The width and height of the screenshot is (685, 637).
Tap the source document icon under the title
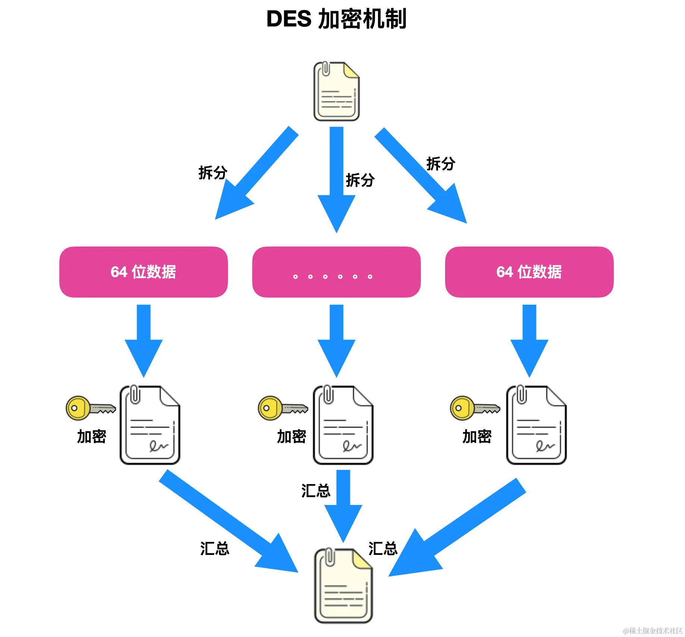point(336,91)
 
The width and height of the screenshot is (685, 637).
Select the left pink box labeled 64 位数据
point(144,272)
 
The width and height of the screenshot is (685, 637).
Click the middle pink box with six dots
point(336,272)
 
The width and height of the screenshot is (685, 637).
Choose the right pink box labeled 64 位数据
point(529,272)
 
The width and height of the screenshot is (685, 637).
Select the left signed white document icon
point(150,425)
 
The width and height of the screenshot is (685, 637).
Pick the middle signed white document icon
point(343,425)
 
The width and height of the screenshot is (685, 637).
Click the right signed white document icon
point(536,425)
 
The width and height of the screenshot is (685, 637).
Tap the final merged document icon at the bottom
point(343,586)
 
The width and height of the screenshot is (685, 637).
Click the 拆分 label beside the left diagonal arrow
point(213,173)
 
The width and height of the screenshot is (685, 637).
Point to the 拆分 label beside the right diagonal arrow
point(441,164)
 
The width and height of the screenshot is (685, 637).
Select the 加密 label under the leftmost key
point(91,436)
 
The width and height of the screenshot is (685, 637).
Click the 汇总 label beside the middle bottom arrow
point(316,491)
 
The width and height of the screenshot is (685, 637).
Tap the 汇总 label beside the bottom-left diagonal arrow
point(215,549)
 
